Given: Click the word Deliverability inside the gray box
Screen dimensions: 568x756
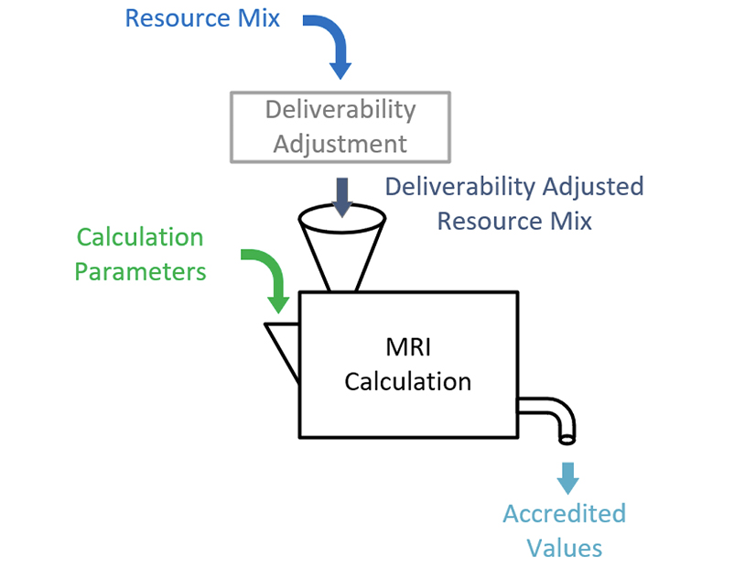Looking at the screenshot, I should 340,111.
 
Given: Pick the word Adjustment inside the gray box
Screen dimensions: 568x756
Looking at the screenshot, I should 340,144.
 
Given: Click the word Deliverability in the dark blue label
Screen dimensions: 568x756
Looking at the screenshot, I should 459,187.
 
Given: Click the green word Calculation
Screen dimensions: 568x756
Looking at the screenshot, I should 139,238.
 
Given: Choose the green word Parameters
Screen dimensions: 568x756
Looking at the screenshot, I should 139,272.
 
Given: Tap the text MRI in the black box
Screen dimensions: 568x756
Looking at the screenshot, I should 407,347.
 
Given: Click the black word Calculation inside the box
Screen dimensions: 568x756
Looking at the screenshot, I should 407,381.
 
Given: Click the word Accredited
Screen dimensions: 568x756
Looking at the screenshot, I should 564,513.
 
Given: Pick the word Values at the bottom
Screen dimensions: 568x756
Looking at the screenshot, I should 564,547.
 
